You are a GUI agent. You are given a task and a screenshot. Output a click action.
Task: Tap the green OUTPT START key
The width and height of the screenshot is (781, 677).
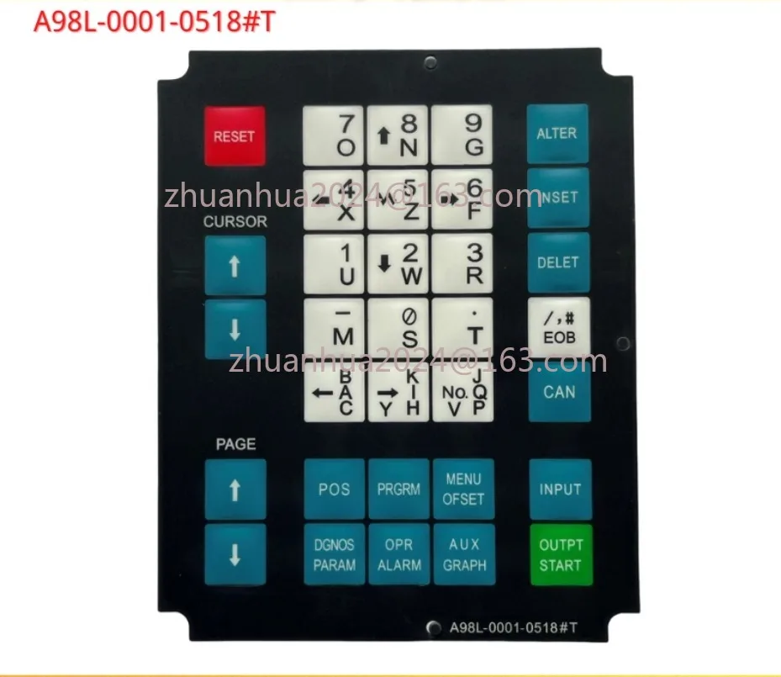[x=561, y=555]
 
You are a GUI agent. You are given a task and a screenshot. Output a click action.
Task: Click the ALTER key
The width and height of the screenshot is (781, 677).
[x=557, y=134]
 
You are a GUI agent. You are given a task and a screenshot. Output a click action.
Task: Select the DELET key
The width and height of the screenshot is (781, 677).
[x=558, y=262]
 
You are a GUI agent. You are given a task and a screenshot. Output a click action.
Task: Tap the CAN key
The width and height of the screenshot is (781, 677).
[x=559, y=391]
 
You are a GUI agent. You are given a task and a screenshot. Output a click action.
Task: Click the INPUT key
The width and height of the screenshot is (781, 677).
[x=561, y=489]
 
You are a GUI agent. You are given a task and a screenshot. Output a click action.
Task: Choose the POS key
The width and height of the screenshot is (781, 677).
[x=335, y=489]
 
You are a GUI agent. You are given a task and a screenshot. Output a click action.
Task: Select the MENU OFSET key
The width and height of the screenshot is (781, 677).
[x=464, y=489]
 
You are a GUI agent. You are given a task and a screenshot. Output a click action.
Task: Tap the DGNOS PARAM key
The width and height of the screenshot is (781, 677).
[x=335, y=555]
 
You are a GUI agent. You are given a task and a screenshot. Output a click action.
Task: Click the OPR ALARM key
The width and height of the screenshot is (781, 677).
[x=399, y=555]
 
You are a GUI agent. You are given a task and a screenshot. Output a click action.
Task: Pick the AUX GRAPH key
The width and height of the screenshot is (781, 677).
[x=464, y=555]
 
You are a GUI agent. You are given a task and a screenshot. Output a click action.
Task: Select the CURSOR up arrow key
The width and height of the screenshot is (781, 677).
[x=235, y=266]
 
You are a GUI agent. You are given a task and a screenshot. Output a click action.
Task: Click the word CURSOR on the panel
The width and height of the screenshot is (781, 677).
[x=235, y=222]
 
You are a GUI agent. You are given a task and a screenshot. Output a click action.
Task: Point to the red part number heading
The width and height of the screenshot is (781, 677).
[x=154, y=23]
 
